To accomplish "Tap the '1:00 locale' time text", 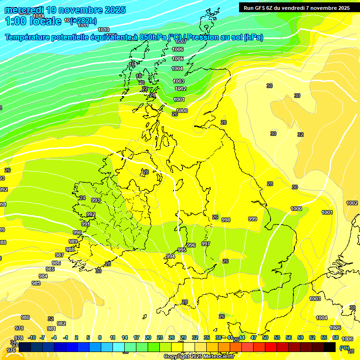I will point(33,21).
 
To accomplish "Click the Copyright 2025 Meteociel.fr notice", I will point(199,357).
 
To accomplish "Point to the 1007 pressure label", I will point(181,41).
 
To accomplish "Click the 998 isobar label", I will point(226,220).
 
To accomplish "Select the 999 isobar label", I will point(253,219).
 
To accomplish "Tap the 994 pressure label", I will point(171,256).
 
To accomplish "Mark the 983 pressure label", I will point(36,283).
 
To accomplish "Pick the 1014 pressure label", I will point(39,16).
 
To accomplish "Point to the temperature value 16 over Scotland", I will point(132,64).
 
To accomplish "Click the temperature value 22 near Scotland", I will point(145,89).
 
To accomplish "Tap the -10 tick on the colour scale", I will point(32,337).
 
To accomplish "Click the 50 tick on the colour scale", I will point(265,337).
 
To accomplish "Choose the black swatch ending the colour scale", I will point(330,347).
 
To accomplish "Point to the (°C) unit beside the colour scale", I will point(345,348).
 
